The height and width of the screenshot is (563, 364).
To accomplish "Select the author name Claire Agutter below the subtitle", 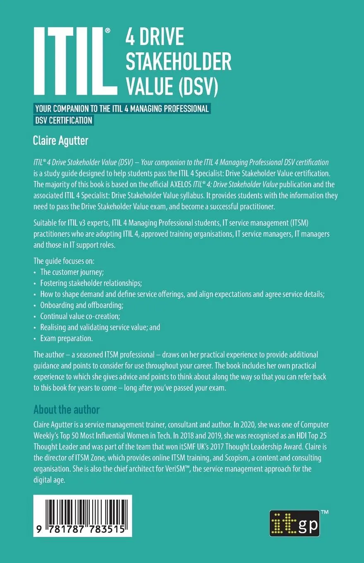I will click(x=60, y=141).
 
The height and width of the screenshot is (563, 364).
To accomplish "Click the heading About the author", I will click(x=67, y=410).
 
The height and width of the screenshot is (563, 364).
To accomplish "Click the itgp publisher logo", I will click(x=295, y=523).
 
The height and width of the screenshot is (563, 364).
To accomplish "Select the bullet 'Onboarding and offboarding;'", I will click(x=82, y=305).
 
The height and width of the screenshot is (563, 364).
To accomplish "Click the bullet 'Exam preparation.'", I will click(x=67, y=338).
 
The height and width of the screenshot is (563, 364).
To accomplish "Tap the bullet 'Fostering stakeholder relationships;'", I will click(x=91, y=283).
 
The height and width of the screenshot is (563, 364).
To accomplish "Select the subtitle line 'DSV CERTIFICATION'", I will click(x=64, y=120).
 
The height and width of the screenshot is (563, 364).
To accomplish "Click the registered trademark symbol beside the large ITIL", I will click(x=108, y=31).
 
